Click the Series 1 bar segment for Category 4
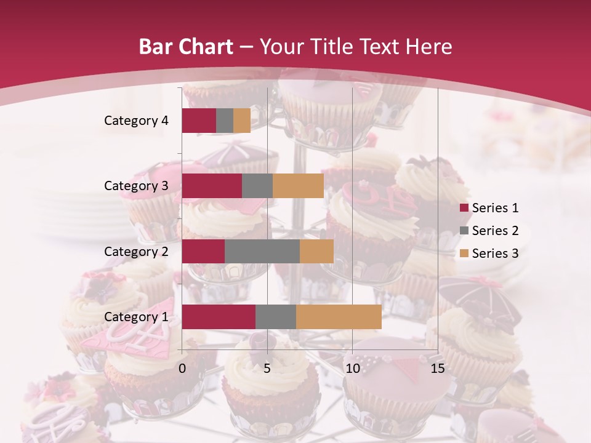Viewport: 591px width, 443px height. pos(199,121)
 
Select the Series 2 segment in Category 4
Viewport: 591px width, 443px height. pos(225,121)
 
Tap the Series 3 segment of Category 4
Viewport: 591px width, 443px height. pos(242,121)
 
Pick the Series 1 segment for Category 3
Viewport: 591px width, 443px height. pos(212,186)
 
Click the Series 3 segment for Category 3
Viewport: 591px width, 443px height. pos(298,186)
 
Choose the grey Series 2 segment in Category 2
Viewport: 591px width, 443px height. pos(262,251)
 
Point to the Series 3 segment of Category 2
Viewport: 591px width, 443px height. pos(316,251)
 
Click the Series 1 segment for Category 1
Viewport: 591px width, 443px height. pos(219,317)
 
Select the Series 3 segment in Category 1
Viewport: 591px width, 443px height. pos(339,317)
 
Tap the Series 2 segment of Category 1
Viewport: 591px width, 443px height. pos(276,317)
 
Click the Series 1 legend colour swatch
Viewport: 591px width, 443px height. pos(464,208)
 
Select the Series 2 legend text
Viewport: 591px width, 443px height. pos(495,231)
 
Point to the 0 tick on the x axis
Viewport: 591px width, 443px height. pos(182,369)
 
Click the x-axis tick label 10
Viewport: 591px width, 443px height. pos(352,369)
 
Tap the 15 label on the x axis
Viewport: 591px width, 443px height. pos(437,369)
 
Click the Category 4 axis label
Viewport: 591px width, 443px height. pos(136,121)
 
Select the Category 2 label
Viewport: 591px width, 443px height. pos(136,251)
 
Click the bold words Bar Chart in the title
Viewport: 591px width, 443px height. pos(185,47)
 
